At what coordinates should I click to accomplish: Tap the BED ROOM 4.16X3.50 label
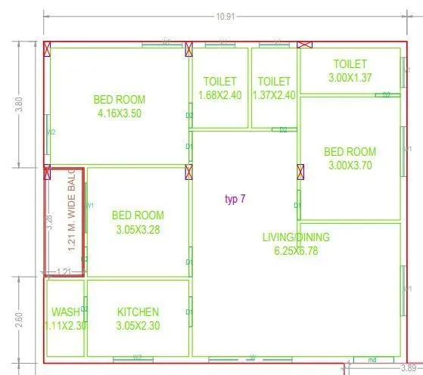(x=120, y=107)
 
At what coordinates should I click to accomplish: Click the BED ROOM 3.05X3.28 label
(x=138, y=222)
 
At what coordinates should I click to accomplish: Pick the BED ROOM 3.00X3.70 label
(x=350, y=159)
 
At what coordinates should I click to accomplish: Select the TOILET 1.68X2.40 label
(x=219, y=88)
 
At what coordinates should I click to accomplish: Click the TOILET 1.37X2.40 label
(x=274, y=88)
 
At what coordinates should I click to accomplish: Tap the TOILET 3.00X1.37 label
(x=350, y=71)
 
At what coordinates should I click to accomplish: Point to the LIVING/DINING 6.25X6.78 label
(x=295, y=243)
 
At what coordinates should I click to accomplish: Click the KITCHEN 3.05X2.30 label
(x=138, y=318)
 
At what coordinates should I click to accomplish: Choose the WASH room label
(x=65, y=318)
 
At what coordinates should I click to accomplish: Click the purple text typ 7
(x=235, y=200)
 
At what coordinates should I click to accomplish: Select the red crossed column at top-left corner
(x=48, y=49)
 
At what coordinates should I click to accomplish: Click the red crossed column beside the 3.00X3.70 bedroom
(x=301, y=172)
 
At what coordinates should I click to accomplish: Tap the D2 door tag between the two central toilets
(x=283, y=130)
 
